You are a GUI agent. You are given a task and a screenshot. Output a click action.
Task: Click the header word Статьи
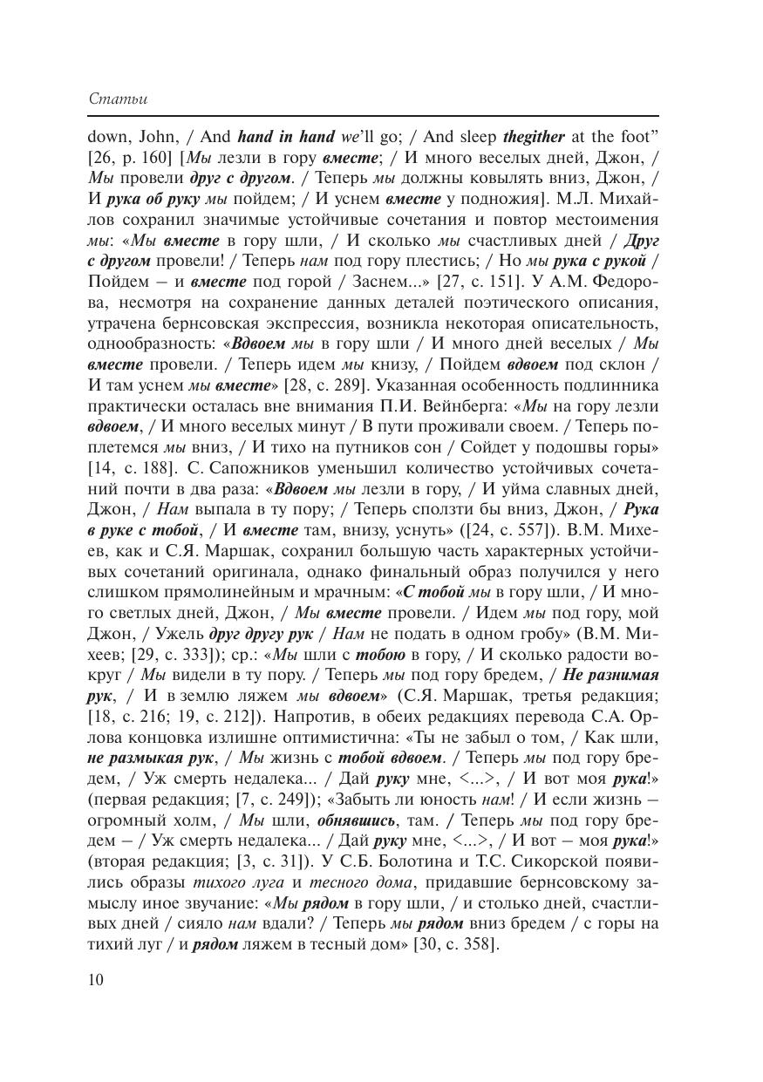tap(118, 99)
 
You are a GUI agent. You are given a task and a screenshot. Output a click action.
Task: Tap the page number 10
tap(96, 979)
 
